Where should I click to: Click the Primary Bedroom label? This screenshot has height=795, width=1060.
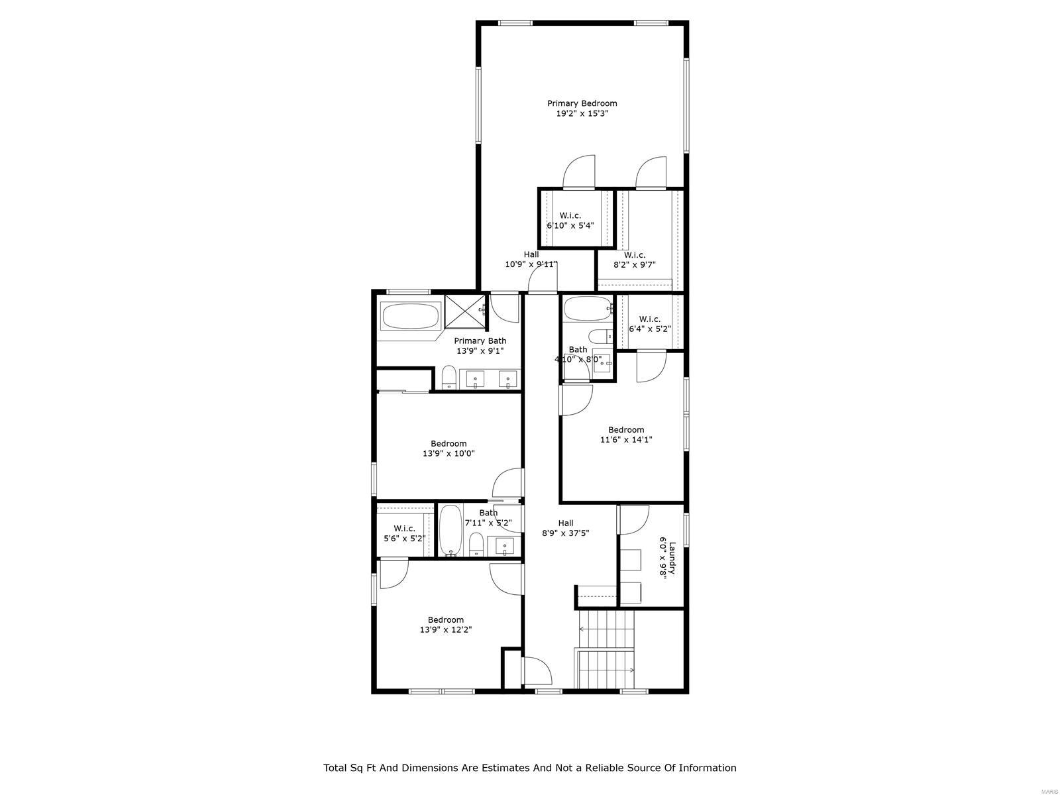point(582,103)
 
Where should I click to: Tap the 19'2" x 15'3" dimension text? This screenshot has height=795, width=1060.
point(582,114)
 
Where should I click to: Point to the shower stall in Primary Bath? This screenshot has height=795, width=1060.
point(465,312)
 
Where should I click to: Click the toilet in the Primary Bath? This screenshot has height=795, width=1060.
point(449,378)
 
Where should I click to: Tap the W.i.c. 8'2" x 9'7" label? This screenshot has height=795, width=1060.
point(634,260)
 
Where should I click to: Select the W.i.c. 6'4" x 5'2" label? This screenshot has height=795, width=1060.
point(649,324)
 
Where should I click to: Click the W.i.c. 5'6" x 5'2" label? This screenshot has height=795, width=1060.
point(404,533)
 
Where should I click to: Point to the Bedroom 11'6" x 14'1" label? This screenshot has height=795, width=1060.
point(626,435)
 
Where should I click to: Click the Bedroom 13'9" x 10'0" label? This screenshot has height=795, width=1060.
point(449,449)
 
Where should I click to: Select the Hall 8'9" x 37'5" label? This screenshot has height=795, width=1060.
point(565,528)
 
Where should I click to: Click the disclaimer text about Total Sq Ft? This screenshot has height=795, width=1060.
point(529,768)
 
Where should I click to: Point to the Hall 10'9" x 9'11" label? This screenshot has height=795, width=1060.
point(531,259)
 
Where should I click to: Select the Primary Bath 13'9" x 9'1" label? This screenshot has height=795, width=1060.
point(480,346)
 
